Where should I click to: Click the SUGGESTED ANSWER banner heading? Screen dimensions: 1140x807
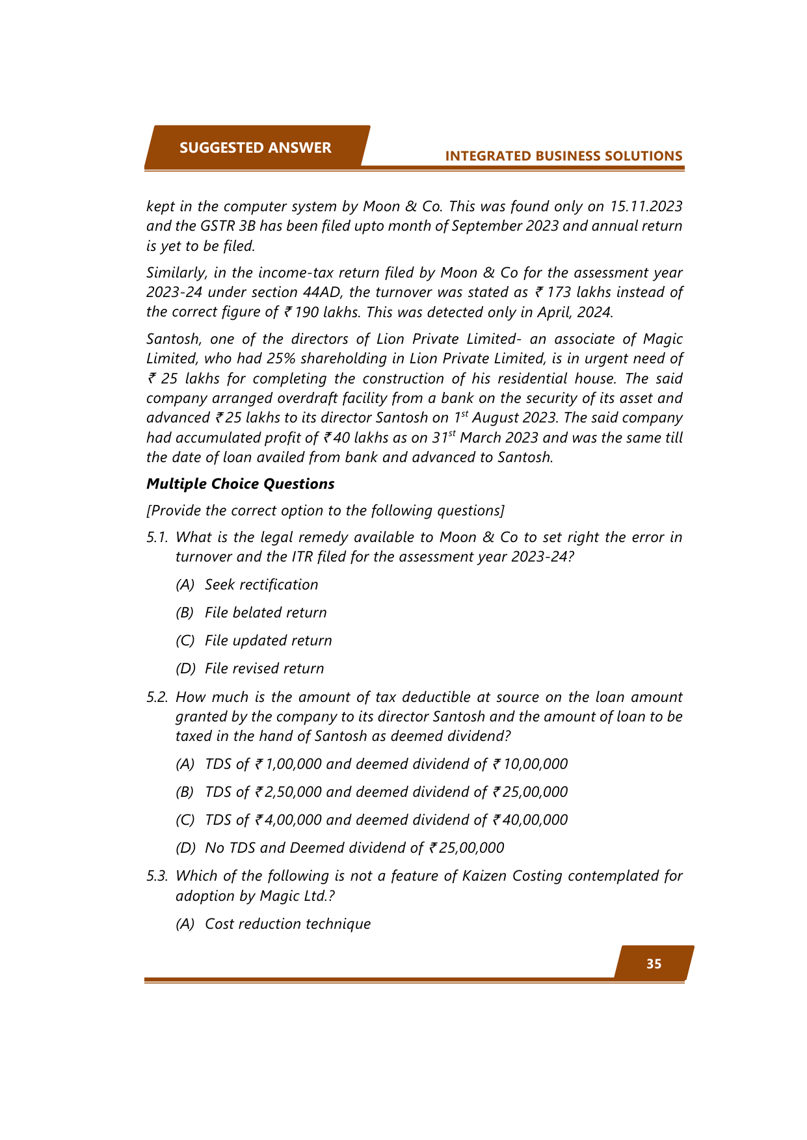pos(255,148)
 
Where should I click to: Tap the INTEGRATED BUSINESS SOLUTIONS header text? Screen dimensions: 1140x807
pos(563,156)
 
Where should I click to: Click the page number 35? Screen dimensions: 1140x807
pos(654,964)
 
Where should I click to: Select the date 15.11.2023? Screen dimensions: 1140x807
pos(645,207)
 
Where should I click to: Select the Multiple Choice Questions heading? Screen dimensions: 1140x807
pos(240,484)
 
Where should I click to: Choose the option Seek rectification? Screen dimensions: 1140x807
pos(261,585)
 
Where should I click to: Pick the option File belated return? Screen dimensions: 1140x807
pos(265,613)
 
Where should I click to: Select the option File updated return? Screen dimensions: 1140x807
pos(268,641)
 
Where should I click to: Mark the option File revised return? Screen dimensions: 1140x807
pos(264,669)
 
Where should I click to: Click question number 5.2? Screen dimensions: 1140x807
pos(157,697)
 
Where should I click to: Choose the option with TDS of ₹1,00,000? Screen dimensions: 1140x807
pos(386,764)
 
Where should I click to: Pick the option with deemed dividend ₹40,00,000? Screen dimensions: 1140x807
pos(386,820)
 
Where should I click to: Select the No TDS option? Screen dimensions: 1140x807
pos(354,848)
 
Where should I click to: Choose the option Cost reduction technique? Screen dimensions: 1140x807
pos(287,924)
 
